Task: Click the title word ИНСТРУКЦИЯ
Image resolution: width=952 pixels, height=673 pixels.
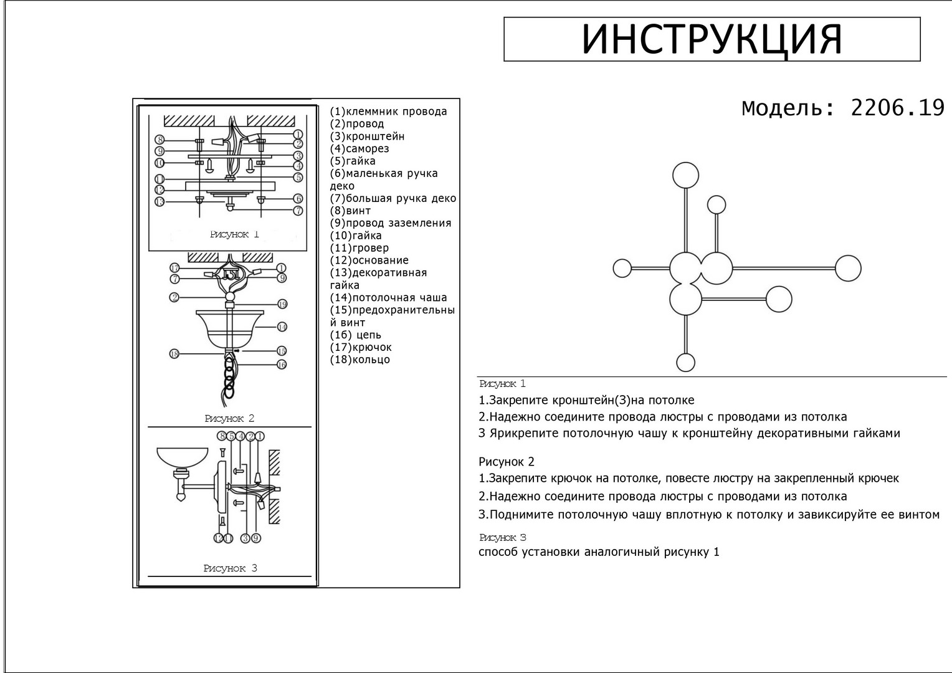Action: point(712,39)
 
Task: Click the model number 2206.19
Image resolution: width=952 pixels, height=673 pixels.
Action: point(897,108)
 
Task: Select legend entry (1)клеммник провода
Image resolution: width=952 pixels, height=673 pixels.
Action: point(388,112)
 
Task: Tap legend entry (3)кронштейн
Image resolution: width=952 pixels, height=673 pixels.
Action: point(367,136)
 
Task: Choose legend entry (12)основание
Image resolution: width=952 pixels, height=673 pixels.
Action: point(369,260)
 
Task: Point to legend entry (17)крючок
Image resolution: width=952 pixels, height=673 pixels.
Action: point(361,347)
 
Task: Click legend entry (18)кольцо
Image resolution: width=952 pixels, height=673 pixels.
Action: point(359,360)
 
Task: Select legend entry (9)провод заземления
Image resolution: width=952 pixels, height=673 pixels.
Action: point(390,223)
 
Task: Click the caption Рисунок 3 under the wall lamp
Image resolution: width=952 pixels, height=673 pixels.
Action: point(230,568)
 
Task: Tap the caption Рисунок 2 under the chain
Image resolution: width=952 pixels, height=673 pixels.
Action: point(229,419)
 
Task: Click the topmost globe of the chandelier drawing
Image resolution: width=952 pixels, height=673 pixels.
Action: point(685,174)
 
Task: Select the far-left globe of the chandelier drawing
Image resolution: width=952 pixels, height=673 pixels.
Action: point(622,269)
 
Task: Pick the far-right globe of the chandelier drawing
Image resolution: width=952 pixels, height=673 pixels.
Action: point(847,269)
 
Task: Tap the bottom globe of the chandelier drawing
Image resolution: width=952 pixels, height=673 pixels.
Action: point(685,363)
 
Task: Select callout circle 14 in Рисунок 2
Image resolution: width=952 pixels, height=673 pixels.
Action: point(282,327)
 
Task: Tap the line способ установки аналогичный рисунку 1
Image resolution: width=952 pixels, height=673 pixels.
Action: point(599,552)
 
